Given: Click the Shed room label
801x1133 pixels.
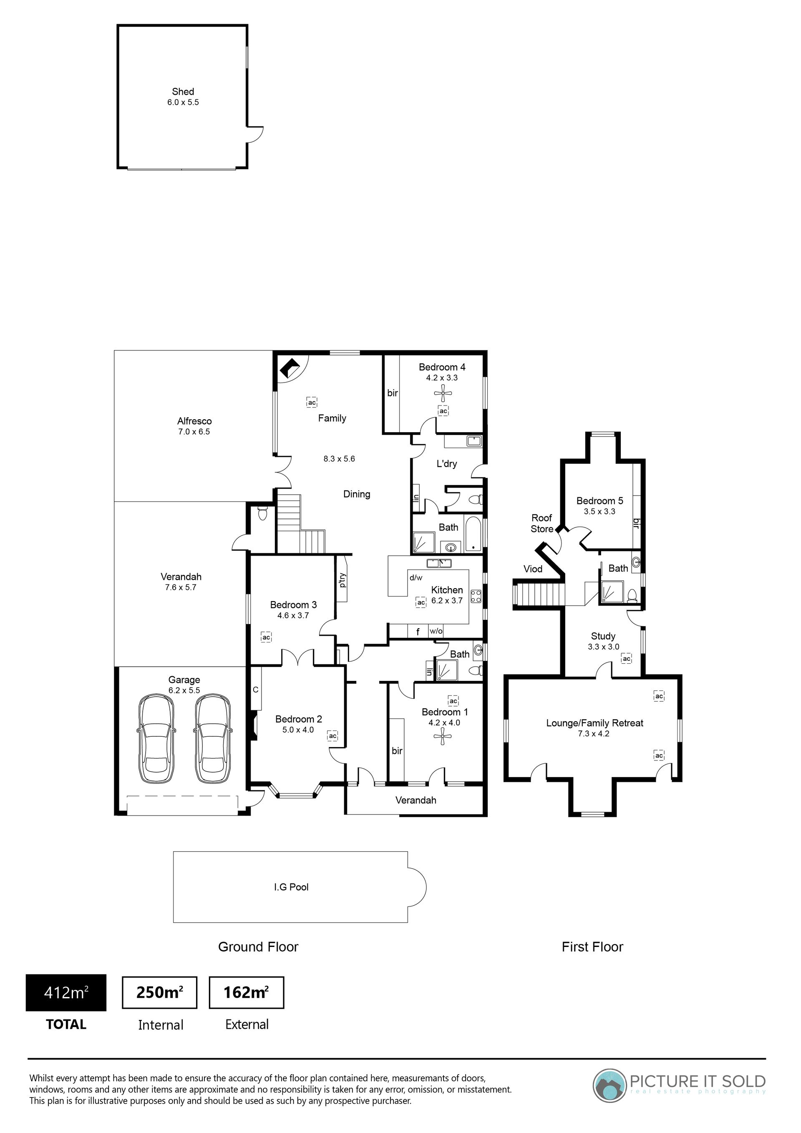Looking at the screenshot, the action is (183, 92).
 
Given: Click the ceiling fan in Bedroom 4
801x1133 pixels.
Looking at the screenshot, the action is (443, 394).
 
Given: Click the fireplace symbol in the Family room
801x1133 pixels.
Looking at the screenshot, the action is (290, 368).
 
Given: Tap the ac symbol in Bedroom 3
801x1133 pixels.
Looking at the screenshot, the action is (267, 637).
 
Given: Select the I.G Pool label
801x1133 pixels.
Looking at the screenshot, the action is (291, 887).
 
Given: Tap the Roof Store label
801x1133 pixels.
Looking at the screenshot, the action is (542, 524).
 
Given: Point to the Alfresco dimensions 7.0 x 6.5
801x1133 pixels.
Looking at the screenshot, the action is (194, 432).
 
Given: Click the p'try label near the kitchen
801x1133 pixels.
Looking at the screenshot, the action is (342, 580).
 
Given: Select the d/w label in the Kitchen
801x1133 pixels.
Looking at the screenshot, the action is (416, 577).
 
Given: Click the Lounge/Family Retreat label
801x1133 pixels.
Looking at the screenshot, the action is (595, 723).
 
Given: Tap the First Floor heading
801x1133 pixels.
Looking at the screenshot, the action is (592, 947).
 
